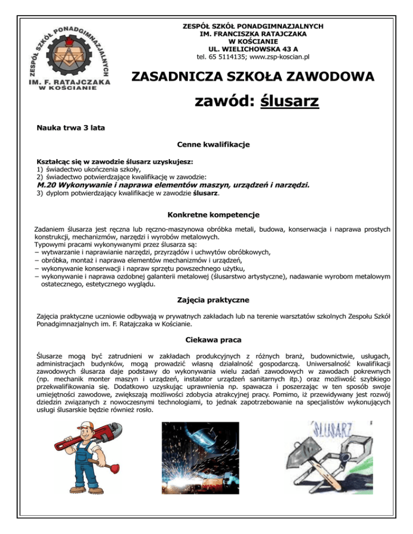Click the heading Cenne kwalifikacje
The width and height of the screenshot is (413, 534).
[x=213, y=145]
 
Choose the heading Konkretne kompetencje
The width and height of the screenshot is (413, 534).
[x=213, y=215]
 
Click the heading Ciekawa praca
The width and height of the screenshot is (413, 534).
[x=213, y=340]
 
